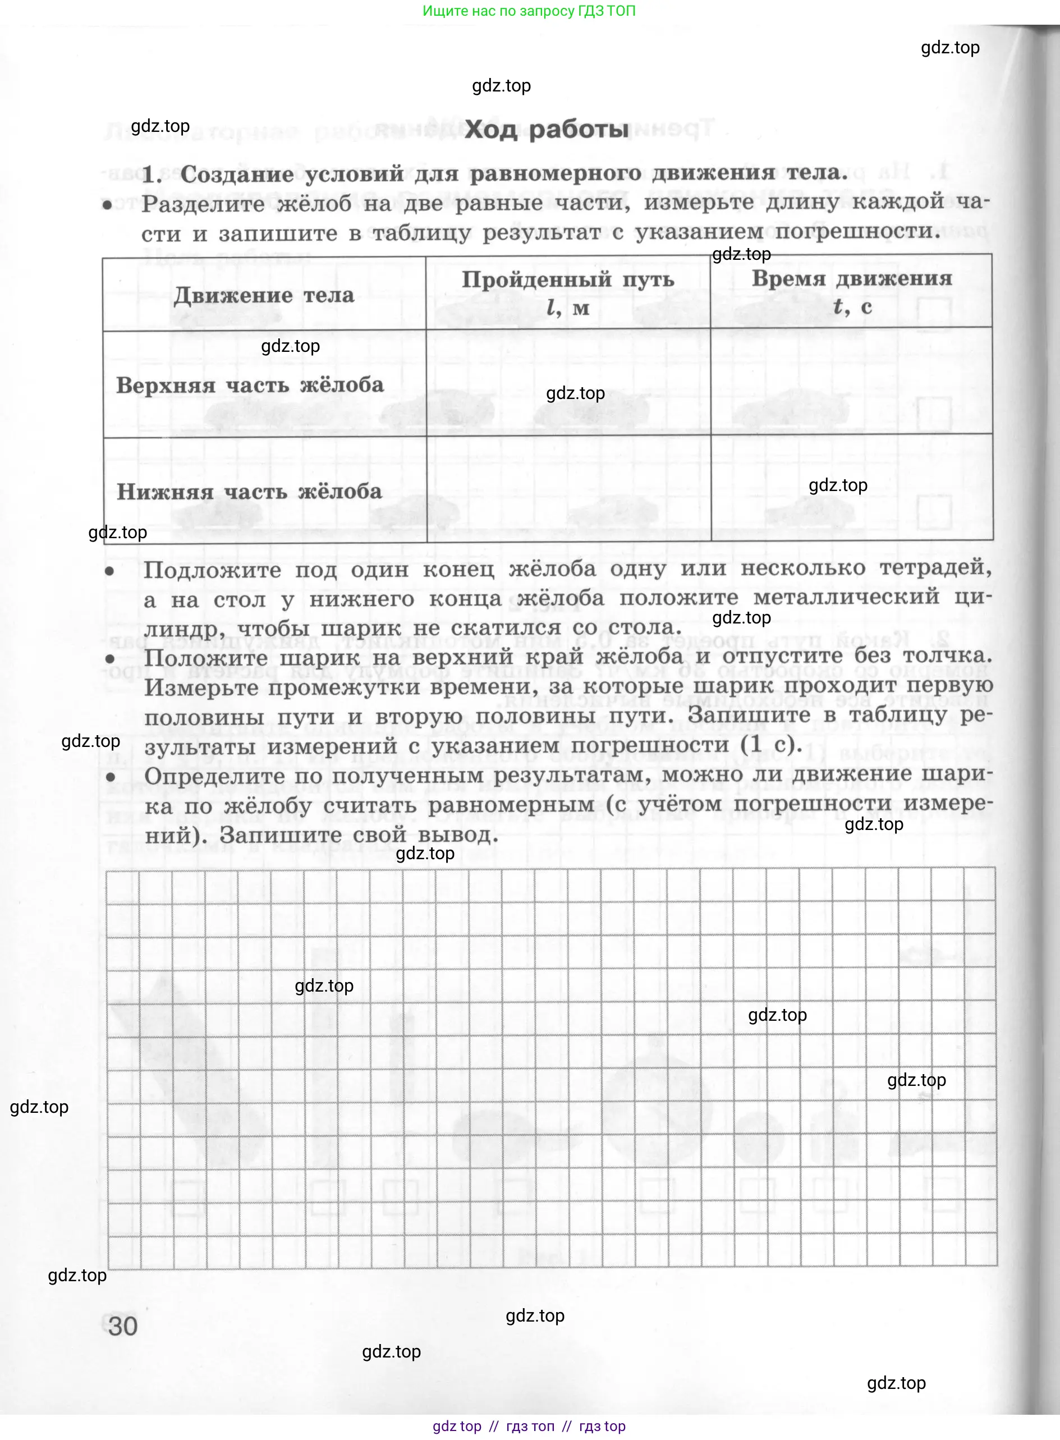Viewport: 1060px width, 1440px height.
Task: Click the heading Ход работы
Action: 546,130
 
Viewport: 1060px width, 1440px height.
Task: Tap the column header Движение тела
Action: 264,295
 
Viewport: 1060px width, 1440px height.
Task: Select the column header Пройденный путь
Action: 568,280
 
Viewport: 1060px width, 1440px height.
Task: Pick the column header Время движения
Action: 851,278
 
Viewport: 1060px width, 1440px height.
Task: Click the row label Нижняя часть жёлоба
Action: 249,492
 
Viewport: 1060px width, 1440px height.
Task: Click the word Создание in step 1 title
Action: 236,174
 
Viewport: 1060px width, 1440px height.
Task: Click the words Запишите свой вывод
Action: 359,835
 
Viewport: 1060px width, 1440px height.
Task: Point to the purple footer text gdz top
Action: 457,1426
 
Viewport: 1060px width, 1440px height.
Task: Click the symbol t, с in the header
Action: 851,307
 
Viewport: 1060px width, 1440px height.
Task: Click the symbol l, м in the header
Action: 567,308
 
